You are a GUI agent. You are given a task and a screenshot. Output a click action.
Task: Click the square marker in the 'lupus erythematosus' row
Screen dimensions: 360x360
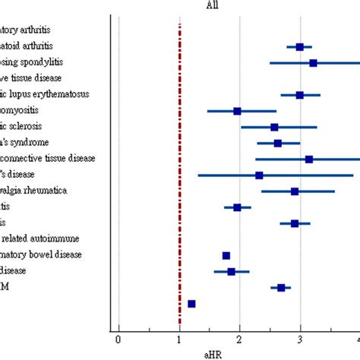coord(300,95)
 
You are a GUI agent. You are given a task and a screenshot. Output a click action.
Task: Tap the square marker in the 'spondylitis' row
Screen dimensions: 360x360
coord(313,63)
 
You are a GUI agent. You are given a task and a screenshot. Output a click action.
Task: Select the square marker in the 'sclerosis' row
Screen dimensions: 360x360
coord(274,127)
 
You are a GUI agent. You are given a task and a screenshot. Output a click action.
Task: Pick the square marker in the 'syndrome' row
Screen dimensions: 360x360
coord(278,143)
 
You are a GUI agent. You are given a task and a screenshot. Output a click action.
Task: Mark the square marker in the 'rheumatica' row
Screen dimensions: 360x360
coord(295,191)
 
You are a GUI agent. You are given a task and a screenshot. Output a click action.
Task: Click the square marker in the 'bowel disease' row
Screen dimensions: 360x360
coord(226,255)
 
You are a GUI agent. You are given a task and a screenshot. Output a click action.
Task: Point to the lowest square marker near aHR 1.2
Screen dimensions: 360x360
coord(191,304)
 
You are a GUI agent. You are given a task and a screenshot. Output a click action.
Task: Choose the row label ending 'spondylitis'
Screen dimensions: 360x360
coord(31,62)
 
